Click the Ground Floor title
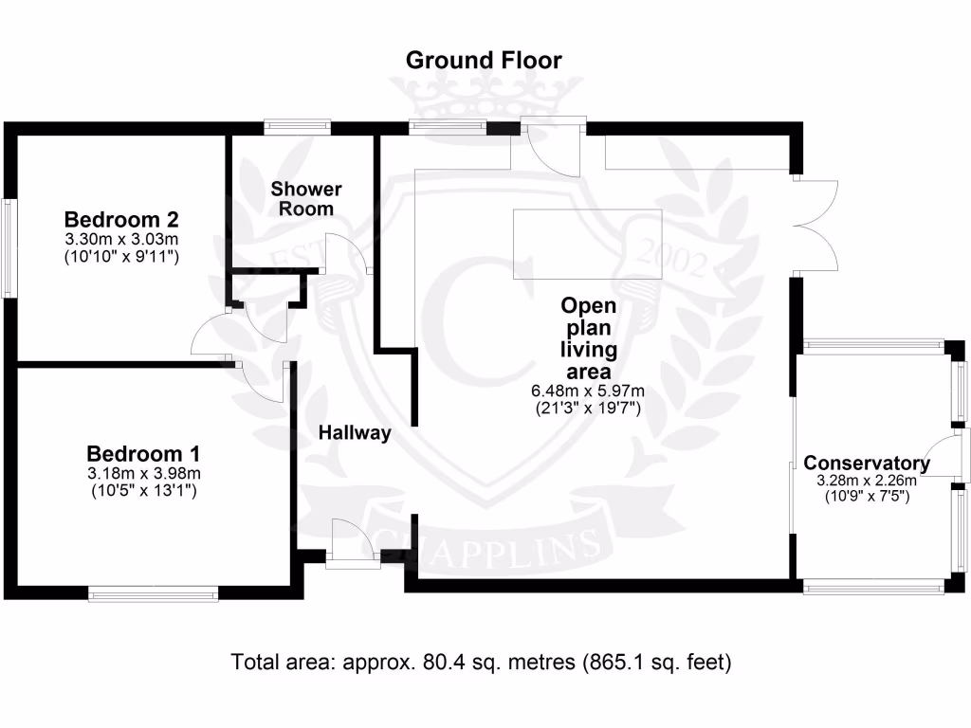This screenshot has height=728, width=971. (484, 61)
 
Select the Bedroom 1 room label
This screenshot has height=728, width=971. (142, 453)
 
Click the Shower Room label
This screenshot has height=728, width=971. (305, 198)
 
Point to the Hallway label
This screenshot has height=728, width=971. (355, 433)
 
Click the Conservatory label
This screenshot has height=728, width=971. (866, 464)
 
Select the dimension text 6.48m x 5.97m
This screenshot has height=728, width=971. (588, 391)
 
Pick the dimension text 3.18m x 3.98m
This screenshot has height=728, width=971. (142, 474)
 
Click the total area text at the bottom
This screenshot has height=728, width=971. (482, 662)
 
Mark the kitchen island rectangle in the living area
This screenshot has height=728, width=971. (587, 244)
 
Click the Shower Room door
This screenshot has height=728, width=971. (351, 253)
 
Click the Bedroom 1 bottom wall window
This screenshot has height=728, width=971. (154, 594)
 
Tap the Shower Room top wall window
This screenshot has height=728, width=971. (297, 124)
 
